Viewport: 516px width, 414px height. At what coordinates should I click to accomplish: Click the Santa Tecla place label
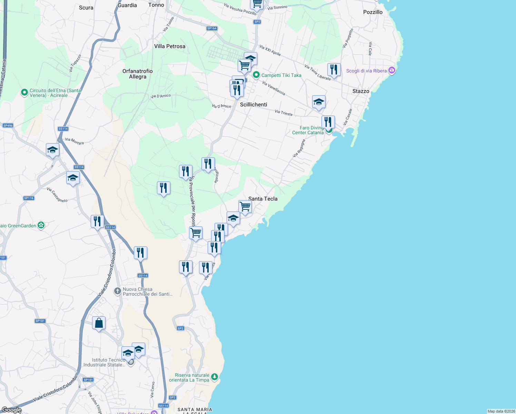[263, 199]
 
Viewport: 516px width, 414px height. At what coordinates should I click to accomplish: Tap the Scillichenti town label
[254, 105]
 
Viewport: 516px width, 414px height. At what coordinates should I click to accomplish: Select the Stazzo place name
[361, 91]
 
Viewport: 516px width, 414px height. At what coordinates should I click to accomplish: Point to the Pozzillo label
[373, 12]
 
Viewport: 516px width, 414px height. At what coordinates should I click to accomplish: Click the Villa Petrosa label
[170, 46]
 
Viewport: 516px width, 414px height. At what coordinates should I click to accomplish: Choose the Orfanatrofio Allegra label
[138, 74]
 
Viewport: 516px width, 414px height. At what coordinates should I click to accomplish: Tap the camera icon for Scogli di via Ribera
[391, 70]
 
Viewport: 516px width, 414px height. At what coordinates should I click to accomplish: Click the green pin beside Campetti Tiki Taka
[256, 75]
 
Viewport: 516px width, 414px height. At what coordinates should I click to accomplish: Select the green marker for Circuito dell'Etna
[24, 92]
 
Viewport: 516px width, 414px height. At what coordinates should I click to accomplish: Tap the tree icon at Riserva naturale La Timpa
[214, 376]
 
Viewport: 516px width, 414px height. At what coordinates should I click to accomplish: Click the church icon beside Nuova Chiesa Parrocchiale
[118, 291]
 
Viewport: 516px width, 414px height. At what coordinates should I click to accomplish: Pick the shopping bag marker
[99, 323]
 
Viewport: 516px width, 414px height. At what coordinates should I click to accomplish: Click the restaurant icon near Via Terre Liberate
[334, 70]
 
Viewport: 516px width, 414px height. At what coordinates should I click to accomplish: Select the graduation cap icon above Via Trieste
[319, 102]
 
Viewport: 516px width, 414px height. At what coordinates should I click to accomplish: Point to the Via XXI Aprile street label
[270, 50]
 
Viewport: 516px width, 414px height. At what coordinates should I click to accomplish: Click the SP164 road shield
[212, 28]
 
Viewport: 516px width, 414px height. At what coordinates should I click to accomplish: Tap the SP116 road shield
[29, 198]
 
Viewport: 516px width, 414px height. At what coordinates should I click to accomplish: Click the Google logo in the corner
[11, 410]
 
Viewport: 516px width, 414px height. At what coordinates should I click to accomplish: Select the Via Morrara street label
[75, 141]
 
